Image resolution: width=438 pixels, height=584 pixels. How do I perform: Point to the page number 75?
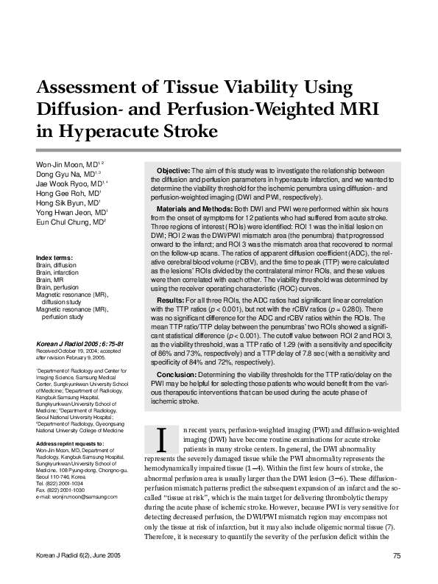click(396, 556)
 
